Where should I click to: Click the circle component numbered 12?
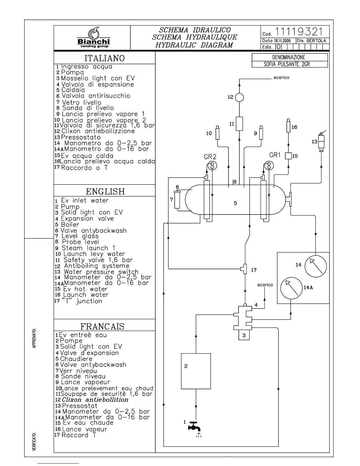pyautogui.click(x=239, y=97)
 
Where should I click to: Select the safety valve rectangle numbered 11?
pyautogui.click(x=239, y=124)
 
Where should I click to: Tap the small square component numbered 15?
pyautogui.click(x=288, y=156)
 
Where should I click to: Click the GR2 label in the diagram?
pyautogui.click(x=210, y=157)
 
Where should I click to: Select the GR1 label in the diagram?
pyautogui.click(x=275, y=155)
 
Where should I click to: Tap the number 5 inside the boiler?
pyautogui.click(x=235, y=203)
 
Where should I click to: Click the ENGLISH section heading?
pyautogui.click(x=105, y=192)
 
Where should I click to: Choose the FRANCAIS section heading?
pyautogui.click(x=102, y=326)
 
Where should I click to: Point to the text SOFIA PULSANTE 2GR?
pyautogui.click(x=286, y=64)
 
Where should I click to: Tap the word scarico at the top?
pyautogui.click(x=281, y=78)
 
